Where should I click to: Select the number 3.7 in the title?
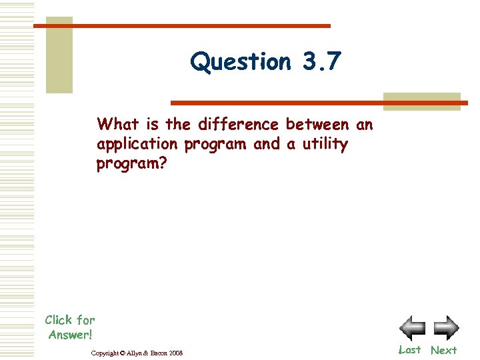pyautogui.click(x=321, y=62)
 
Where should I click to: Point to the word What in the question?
pyautogui.click(x=119, y=124)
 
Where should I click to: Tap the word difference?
pyautogui.click(x=238, y=124)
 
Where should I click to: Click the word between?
pyautogui.click(x=317, y=124)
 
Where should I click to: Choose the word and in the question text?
pyautogui.click(x=267, y=145)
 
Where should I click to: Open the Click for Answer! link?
pyautogui.click(x=70, y=327)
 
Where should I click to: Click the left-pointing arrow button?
pyautogui.click(x=412, y=328)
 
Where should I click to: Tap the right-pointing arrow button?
pyautogui.click(x=446, y=328)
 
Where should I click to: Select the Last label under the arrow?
pyautogui.click(x=409, y=350)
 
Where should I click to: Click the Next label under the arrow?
pyautogui.click(x=443, y=350)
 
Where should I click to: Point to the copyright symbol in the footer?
pyautogui.click(x=121, y=352)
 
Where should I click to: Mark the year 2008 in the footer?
pyautogui.click(x=175, y=352)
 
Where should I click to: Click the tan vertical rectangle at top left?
pyautogui.click(x=59, y=55)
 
